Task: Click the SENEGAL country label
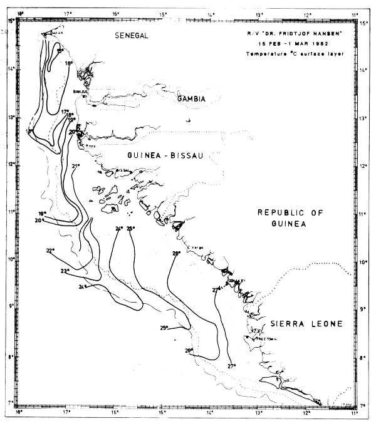tap(131, 36)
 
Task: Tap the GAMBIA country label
tap(192, 99)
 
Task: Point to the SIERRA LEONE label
tap(307, 324)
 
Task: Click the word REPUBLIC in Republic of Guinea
tap(281, 214)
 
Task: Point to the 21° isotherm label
tap(76, 166)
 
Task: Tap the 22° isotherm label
tap(50, 251)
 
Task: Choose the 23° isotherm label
tap(64, 271)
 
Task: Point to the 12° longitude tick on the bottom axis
tap(307, 413)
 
